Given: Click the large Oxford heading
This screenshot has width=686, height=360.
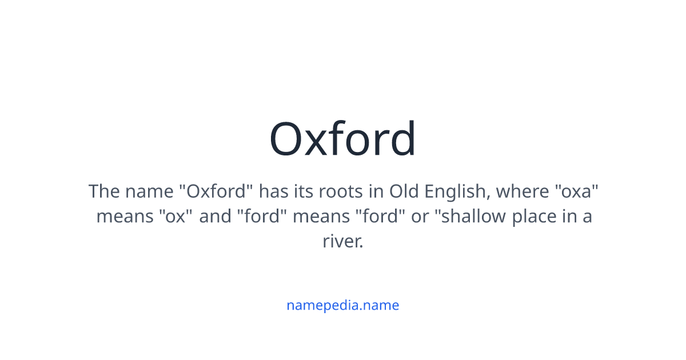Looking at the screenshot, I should (x=343, y=139).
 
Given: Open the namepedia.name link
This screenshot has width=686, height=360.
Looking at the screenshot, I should (x=342, y=305).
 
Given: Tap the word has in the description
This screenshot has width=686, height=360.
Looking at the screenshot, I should (x=273, y=191).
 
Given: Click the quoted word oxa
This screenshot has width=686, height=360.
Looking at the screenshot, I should (x=577, y=191).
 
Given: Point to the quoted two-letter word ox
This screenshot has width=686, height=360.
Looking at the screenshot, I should (x=176, y=217).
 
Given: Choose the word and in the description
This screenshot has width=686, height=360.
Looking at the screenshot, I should (x=215, y=217).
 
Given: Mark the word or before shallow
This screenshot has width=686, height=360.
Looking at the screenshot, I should (x=419, y=217).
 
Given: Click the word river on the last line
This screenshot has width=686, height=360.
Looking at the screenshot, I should (x=341, y=242).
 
